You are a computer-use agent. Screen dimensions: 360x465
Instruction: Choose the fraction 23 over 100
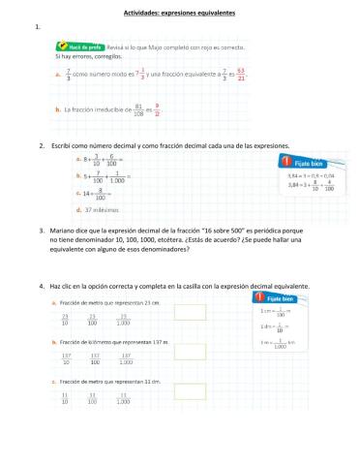coord(94,320)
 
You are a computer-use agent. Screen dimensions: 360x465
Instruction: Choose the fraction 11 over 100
coord(94,396)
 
